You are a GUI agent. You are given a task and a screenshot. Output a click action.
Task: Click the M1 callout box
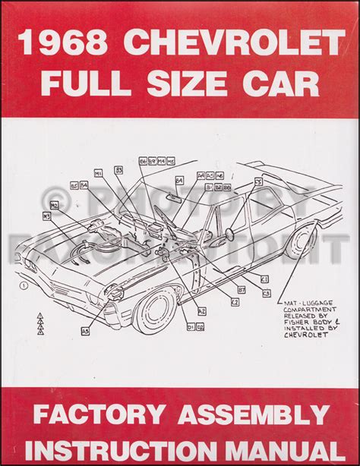pos(98,174)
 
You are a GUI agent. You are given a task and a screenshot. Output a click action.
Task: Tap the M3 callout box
pos(47,216)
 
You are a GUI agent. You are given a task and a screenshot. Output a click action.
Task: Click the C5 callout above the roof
pos(259,182)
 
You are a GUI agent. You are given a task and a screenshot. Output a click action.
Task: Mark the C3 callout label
pos(267,293)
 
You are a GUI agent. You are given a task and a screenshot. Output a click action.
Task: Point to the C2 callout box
pos(235,302)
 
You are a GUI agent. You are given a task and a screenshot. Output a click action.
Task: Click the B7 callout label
pos(242,289)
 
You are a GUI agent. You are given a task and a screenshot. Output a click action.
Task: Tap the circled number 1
pos(25,286)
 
